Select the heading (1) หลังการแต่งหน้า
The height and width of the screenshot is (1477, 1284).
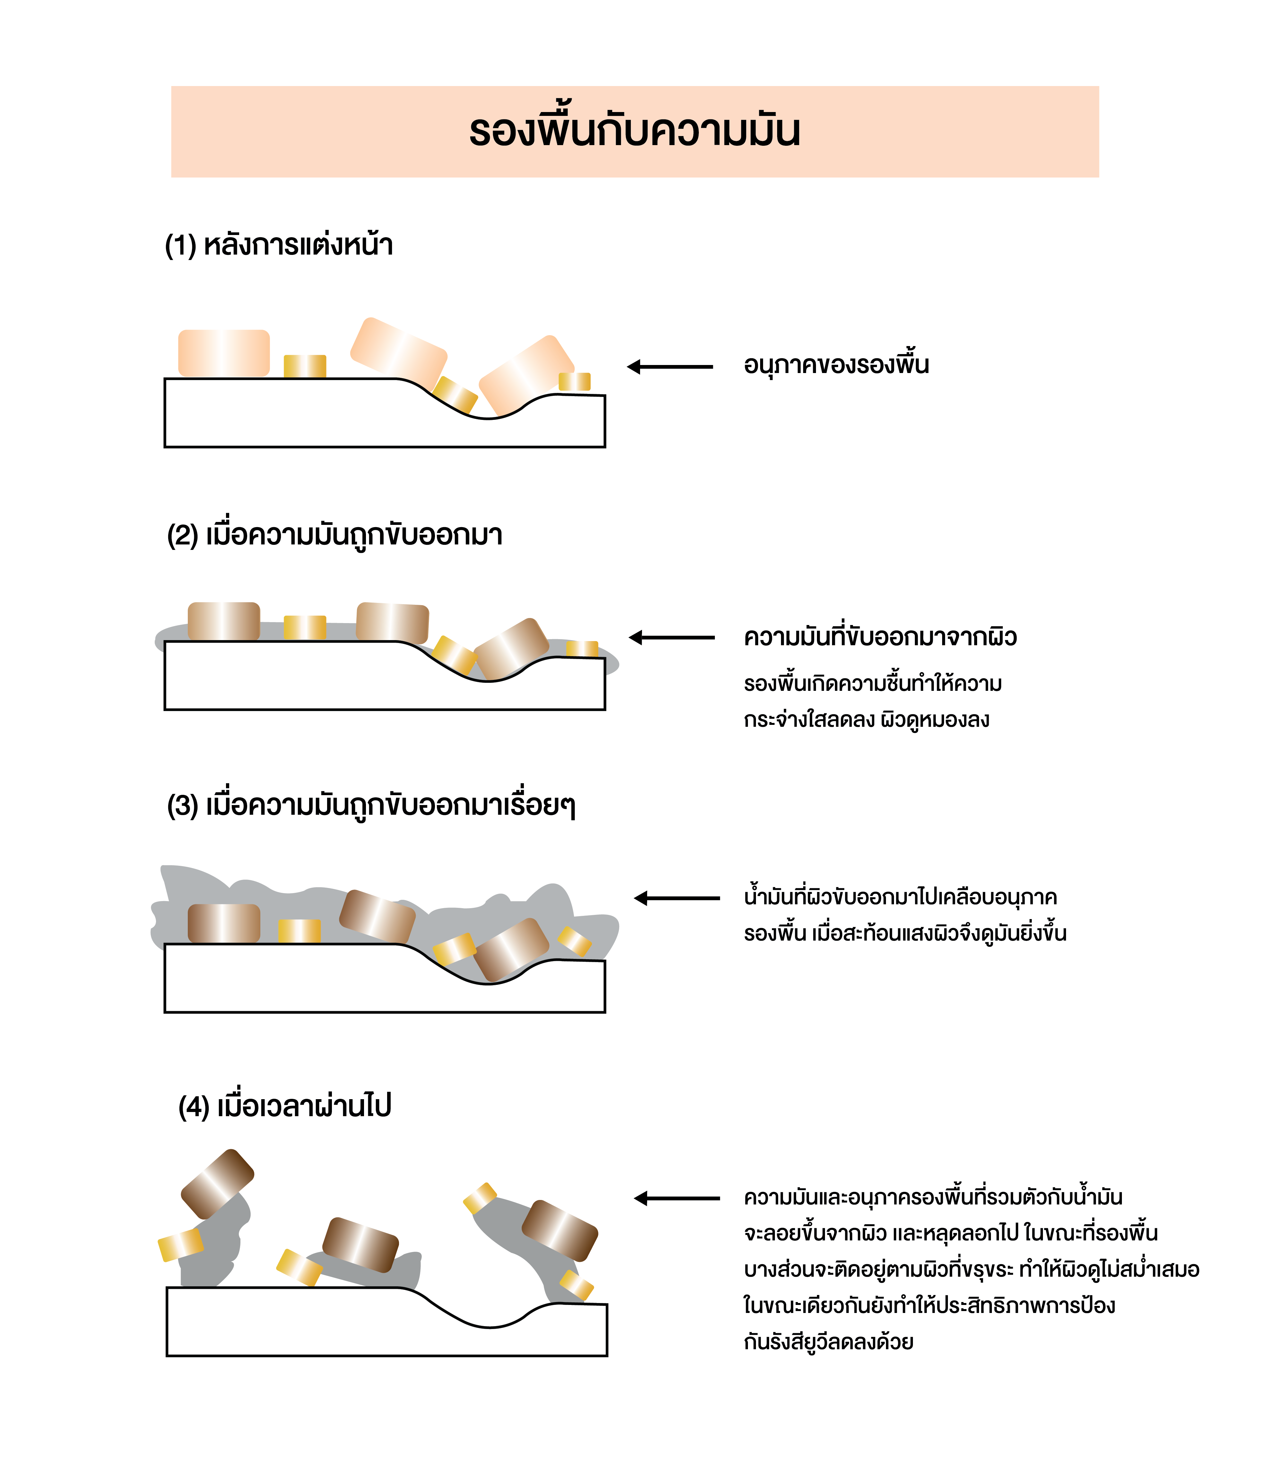point(279,244)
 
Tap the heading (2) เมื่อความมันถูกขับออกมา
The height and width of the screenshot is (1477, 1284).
point(334,535)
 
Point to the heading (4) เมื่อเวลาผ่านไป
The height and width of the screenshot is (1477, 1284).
point(284,1107)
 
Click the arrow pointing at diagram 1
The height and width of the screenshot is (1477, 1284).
point(670,367)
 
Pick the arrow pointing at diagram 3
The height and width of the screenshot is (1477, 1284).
point(677,898)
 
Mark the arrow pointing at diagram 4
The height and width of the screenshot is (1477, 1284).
point(677,1198)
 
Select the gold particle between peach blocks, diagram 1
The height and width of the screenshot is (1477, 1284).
point(305,366)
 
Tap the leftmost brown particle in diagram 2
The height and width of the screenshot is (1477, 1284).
point(223,621)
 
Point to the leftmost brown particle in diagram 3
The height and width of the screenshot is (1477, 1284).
point(223,923)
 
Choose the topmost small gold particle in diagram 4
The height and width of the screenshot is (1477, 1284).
point(480,1198)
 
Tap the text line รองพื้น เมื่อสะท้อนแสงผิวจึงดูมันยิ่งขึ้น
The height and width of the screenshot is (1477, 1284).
point(905,933)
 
